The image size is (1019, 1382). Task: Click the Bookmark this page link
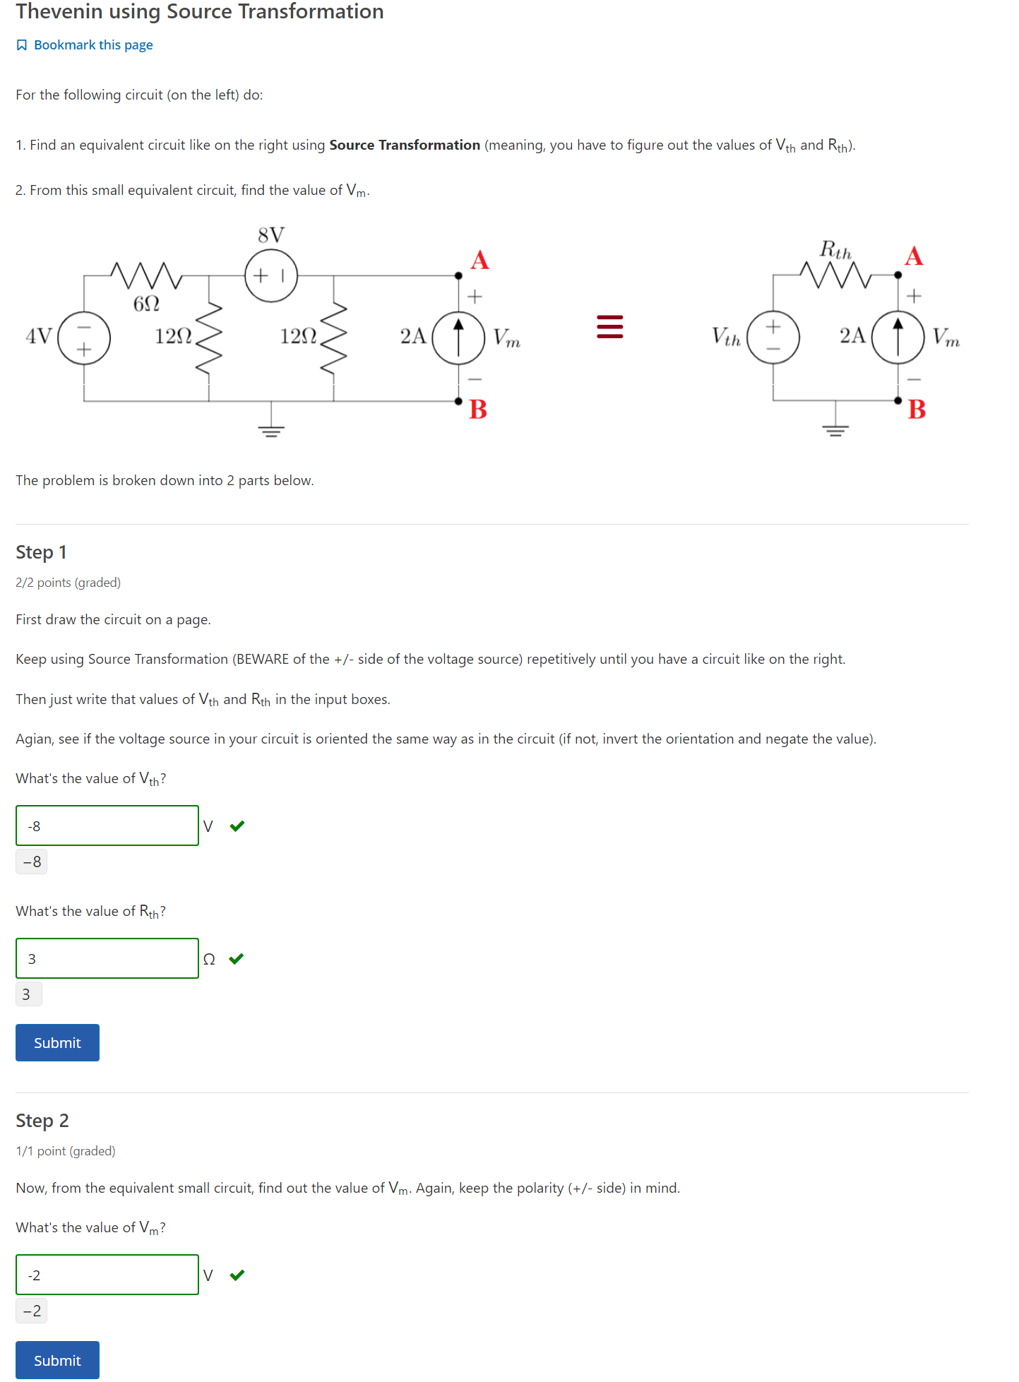tap(93, 45)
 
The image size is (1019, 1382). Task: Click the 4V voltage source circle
tap(84, 338)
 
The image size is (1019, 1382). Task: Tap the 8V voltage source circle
tap(271, 275)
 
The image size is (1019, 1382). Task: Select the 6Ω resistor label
tap(146, 304)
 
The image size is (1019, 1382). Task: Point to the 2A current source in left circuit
tap(458, 338)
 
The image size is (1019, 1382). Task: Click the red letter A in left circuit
tap(480, 261)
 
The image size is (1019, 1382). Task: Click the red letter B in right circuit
tap(917, 410)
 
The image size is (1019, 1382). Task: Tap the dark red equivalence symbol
tap(610, 327)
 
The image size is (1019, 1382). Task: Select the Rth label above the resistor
tap(835, 249)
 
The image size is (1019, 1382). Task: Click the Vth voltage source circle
tap(773, 338)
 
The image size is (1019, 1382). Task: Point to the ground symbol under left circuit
tap(271, 429)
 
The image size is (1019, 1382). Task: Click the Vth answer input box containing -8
tap(107, 826)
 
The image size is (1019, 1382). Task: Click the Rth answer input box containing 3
tap(107, 958)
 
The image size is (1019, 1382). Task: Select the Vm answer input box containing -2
tap(107, 1275)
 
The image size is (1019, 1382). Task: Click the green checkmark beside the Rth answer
tap(237, 958)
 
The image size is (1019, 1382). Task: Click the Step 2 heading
tap(42, 1121)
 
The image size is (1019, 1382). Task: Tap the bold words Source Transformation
tap(405, 145)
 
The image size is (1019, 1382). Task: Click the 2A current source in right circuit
tap(898, 338)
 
